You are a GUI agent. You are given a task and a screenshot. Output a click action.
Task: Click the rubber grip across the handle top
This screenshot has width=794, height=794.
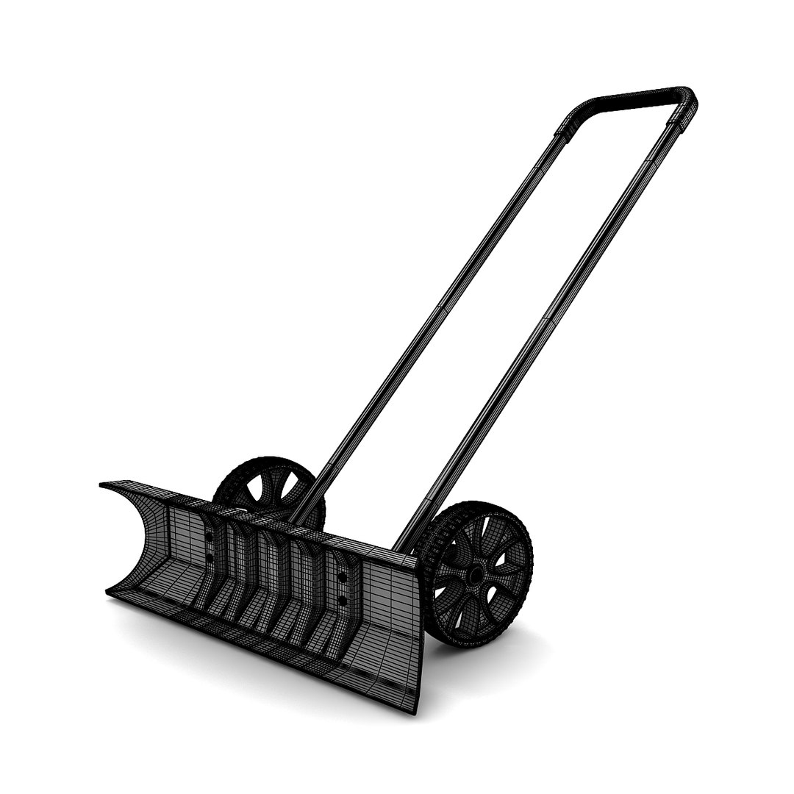tap(632, 99)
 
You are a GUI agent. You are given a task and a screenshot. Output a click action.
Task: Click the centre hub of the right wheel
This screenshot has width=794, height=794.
tap(476, 573)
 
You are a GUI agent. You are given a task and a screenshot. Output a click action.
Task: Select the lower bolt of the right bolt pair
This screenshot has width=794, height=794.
tap(342, 601)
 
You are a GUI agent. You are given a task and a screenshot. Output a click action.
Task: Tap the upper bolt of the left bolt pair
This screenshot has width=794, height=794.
tap(210, 537)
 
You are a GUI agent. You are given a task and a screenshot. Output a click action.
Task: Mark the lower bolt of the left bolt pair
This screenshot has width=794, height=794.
tap(209, 558)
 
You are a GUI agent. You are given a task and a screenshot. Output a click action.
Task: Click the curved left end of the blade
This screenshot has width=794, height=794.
tap(132, 544)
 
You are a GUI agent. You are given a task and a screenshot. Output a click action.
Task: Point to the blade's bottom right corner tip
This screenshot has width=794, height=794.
tap(416, 709)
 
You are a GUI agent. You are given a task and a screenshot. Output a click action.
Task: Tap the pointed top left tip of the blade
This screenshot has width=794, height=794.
tap(103, 484)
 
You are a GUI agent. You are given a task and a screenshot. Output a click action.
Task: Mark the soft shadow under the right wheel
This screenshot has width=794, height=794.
tap(500, 651)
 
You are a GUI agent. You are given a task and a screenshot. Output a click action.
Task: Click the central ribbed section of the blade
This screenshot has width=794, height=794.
tap(279, 581)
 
